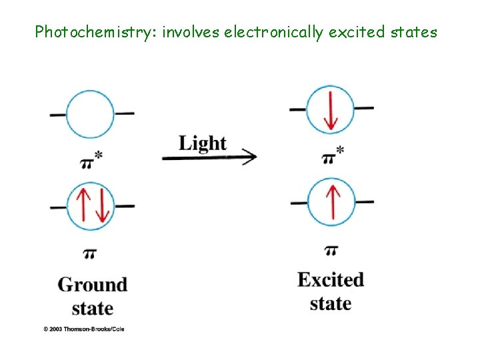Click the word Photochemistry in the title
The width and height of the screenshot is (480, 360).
coord(94,31)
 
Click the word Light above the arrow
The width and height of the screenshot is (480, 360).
coord(203,143)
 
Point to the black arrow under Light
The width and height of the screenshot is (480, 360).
coord(209,158)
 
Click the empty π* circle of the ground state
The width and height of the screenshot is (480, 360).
coord(92,114)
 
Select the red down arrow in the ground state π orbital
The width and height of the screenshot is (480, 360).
coord(101,206)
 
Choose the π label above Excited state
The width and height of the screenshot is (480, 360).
coord(331,251)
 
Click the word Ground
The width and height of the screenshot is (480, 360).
coord(93,285)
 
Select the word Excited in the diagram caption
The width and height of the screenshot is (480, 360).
coord(331,279)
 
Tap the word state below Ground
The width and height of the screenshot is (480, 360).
coord(92,309)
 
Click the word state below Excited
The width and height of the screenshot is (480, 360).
coord(331,303)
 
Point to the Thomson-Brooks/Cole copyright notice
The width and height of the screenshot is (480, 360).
coord(84,329)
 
